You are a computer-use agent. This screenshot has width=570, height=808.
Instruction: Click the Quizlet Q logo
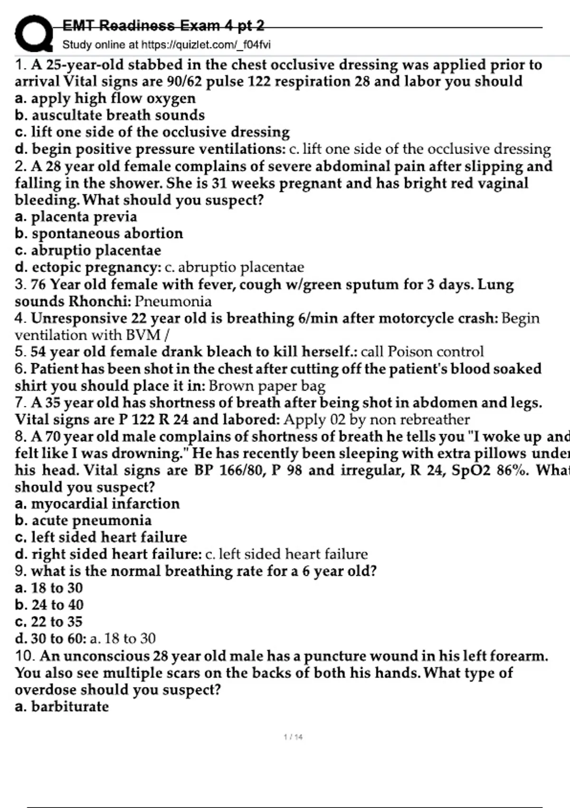point(33,33)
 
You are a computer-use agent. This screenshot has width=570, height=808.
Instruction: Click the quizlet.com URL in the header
point(206,45)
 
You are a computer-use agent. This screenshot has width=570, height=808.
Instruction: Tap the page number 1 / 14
point(293,737)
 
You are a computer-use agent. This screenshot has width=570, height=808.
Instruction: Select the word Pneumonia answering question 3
point(173,301)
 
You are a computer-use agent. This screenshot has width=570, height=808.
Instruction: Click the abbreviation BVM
point(143,335)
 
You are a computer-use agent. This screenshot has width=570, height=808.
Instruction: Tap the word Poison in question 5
point(409,352)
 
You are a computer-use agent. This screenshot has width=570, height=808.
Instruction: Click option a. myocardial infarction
point(97,504)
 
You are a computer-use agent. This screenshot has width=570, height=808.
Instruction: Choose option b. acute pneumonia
point(83,520)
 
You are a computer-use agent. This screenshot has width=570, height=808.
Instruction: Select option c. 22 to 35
point(49,622)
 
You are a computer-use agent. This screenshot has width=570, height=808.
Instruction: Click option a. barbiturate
point(62,707)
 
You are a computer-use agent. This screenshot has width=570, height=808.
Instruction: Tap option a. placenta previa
point(76,217)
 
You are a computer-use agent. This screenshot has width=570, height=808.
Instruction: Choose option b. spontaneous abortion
point(99,233)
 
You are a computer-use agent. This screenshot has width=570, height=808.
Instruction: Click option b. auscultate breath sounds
point(110,115)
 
